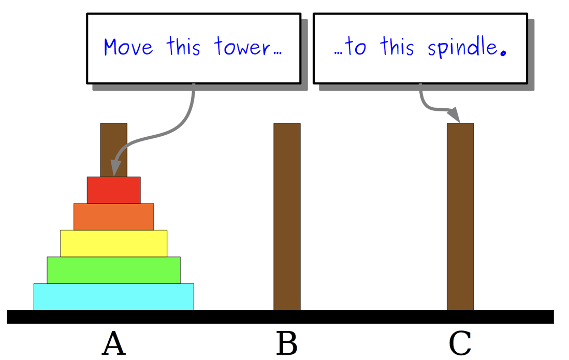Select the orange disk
[x=113, y=217]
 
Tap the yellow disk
[x=113, y=243]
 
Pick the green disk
[x=113, y=270]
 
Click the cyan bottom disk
[x=113, y=297]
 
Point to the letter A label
[x=113, y=343]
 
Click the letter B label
[x=287, y=343]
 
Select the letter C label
[x=460, y=343]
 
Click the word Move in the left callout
[x=128, y=48]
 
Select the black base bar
[x=280, y=316]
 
